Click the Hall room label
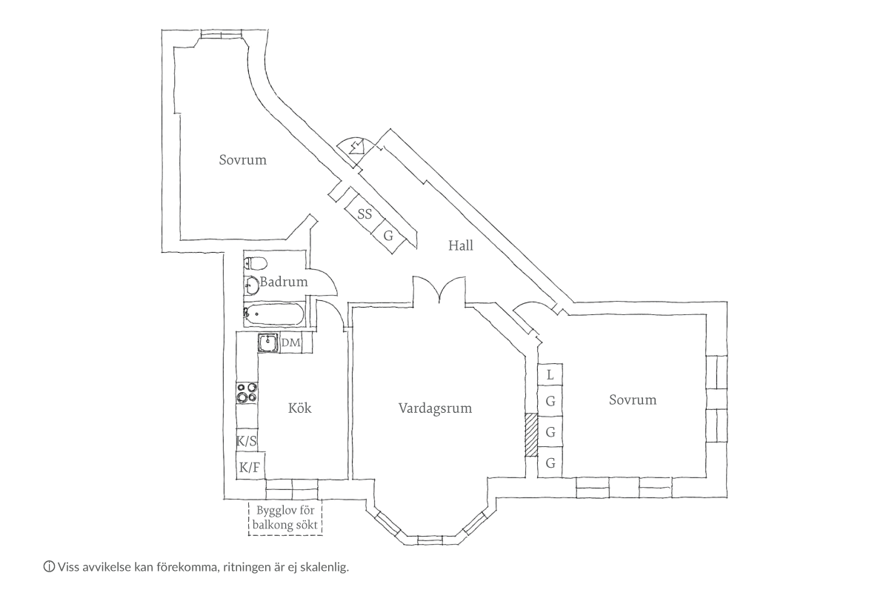coord(460,245)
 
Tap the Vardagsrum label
coord(435,408)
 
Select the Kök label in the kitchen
coord(299,408)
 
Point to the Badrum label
coord(284,282)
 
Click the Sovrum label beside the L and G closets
coord(633,400)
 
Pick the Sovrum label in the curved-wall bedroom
coord(242,159)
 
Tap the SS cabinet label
coord(364,215)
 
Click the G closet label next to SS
coord(387,236)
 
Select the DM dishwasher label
coord(291,342)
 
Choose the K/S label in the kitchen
coord(247,442)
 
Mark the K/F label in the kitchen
coord(249,468)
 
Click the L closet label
coord(550,375)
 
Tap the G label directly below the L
coord(550,402)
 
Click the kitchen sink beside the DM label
coord(267,343)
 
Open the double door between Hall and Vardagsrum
coord(439,291)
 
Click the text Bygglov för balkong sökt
coord(286,517)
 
